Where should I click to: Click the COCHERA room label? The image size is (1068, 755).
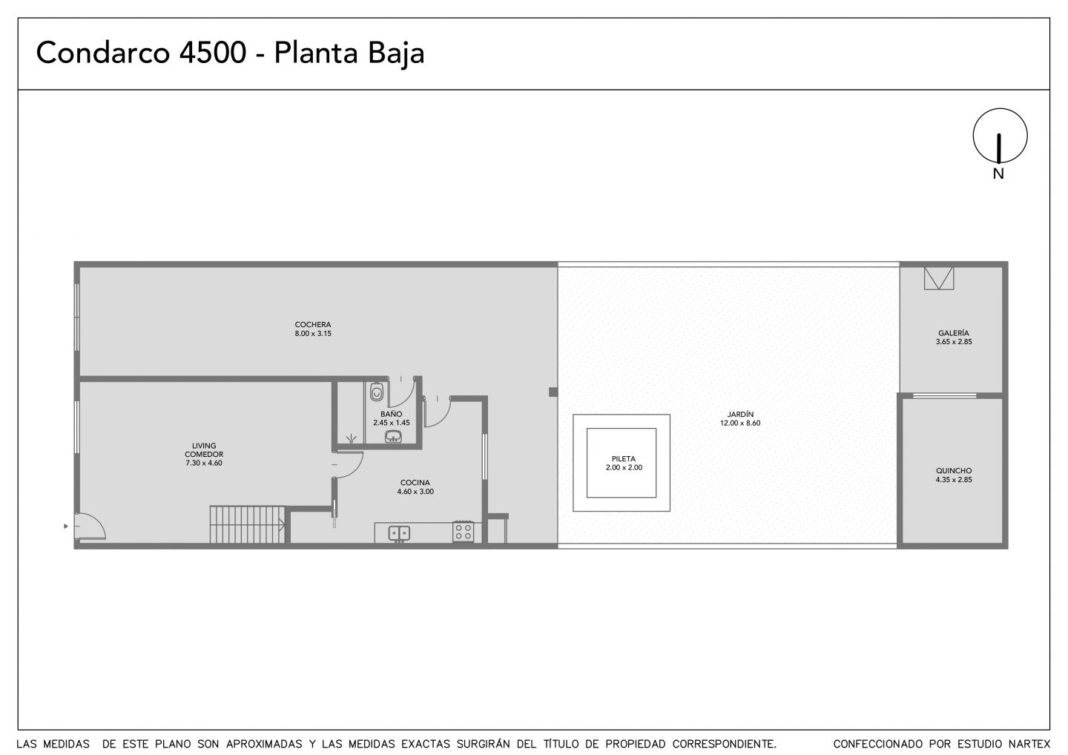pos(313,325)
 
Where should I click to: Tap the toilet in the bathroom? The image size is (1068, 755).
pos(377,392)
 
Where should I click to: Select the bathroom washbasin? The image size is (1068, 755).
pos(393,435)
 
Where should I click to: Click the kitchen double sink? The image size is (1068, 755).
pos(399,533)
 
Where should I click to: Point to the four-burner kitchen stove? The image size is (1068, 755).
pos(463,532)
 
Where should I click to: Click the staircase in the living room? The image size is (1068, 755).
pos(248,525)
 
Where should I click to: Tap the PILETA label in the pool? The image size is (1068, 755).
pos(624,459)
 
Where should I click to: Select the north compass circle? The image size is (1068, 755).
pos(1001,136)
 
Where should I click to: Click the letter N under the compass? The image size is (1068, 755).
pos(998,174)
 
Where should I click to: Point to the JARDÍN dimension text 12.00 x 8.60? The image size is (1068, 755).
pos(740,423)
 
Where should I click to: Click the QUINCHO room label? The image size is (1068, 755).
pos(954,471)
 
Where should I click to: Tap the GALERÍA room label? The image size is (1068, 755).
pos(954,333)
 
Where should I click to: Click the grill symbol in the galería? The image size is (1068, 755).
pos(939,278)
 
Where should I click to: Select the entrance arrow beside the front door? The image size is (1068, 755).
pos(66,527)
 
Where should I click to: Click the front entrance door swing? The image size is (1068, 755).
pos(90,527)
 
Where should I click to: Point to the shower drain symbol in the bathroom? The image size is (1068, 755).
pos(352,438)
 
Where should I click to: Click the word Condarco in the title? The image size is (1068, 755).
pos(102,53)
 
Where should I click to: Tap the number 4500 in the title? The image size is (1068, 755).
pos(213,53)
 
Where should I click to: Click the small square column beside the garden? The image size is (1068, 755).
pos(553,392)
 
